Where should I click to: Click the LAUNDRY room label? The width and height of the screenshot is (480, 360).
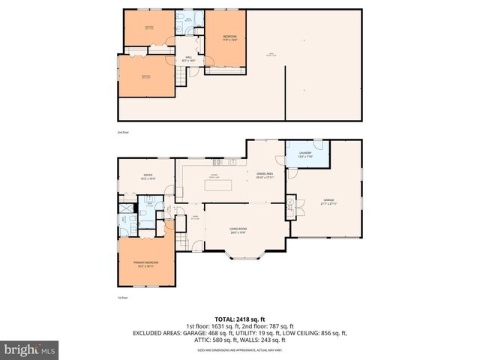coord(304,154)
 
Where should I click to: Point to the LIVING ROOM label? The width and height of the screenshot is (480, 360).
coord(238,230)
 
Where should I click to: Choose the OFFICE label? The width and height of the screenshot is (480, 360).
coord(148,177)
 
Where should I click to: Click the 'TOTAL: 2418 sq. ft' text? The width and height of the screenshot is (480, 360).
coord(239,319)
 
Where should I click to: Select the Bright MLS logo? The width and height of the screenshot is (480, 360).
coord(30,349)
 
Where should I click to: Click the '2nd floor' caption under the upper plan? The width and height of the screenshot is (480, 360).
coord(122,132)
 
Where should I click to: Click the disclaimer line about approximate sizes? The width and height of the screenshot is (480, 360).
coord(239,350)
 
